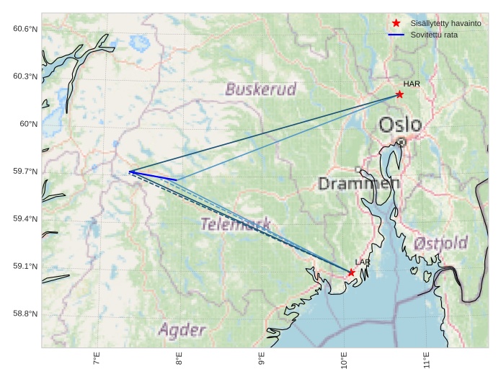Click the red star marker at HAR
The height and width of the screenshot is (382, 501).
(x=399, y=94)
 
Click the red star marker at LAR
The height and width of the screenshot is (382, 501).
(x=351, y=272)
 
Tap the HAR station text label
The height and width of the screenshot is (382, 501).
(x=412, y=84)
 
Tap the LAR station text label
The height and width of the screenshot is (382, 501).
(x=363, y=262)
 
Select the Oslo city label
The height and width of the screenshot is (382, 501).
(x=400, y=125)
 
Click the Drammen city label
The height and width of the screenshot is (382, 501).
(x=359, y=184)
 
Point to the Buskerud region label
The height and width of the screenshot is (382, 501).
(x=260, y=89)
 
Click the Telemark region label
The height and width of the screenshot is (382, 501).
(x=236, y=224)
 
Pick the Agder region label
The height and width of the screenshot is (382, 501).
(x=182, y=330)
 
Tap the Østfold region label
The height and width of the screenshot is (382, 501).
(x=440, y=243)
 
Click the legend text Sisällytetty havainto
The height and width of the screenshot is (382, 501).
(x=445, y=24)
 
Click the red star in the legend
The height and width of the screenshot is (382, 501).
(x=396, y=24)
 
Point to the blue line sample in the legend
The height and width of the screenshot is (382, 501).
(x=396, y=35)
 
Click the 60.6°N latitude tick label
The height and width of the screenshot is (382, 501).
(x=25, y=29)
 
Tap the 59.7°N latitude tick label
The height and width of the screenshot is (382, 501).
(x=25, y=172)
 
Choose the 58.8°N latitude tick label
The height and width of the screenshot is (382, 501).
(x=25, y=314)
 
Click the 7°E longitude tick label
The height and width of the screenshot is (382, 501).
(x=97, y=358)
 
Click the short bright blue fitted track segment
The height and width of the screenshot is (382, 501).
(x=153, y=176)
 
